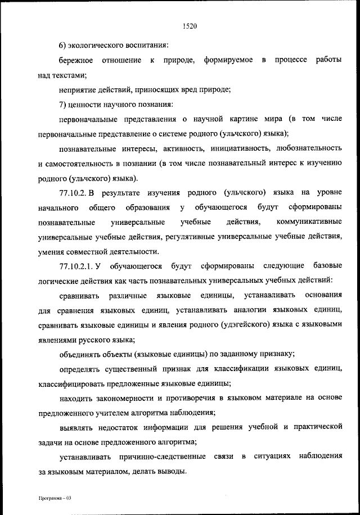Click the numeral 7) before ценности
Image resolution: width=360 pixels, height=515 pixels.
point(64,104)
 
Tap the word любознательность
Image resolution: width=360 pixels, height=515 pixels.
point(309,149)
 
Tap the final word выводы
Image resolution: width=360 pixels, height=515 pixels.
point(172,471)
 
